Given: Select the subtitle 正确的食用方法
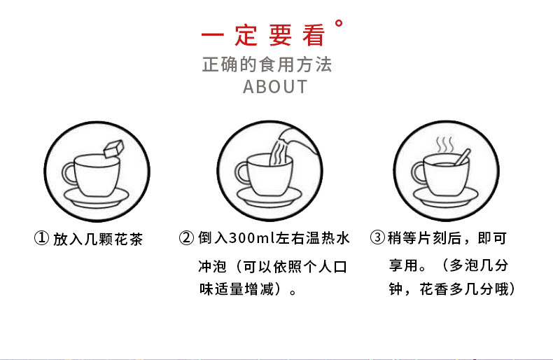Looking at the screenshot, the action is coord(267,65).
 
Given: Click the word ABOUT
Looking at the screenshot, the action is coord(275,87).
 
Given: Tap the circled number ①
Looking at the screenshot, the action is coord(41,240).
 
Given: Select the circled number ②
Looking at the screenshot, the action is coord(186,240).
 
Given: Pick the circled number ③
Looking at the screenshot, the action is coord(377,240).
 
